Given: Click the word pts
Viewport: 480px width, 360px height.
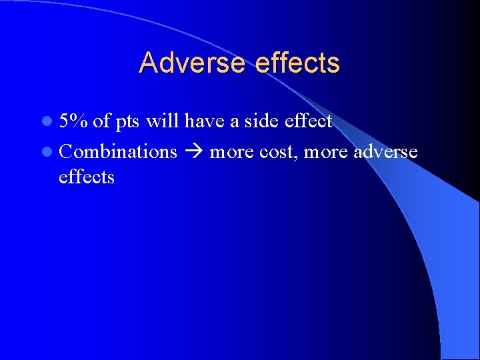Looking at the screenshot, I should (x=127, y=122).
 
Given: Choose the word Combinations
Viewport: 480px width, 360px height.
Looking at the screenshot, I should (x=118, y=152).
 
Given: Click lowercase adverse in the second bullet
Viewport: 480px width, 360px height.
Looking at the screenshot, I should (x=386, y=152).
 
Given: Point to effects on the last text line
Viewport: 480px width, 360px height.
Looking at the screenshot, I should (x=87, y=177).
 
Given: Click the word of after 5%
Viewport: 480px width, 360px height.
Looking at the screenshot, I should (x=102, y=121).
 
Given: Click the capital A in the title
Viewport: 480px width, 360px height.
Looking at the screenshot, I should (x=148, y=63).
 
